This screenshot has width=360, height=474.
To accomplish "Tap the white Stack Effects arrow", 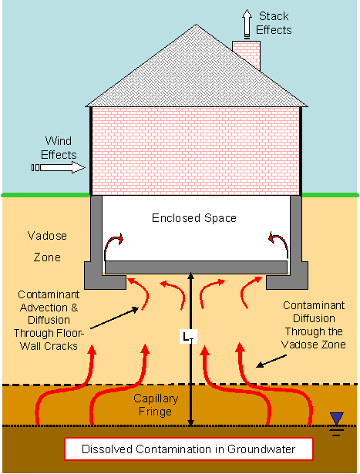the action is (247, 24).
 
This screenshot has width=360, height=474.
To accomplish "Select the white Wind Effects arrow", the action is (59, 167).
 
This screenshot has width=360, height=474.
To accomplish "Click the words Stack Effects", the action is (274, 23).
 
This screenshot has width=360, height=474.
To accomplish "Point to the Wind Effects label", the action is (59, 148).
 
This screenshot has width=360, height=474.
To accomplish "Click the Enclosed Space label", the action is (194, 218).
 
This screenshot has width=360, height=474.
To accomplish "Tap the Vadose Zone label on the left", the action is (47, 247).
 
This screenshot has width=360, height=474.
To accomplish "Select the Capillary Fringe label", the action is (156, 405).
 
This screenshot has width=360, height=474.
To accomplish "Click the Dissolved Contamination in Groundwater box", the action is (189, 449).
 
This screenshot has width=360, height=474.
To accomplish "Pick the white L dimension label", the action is (188, 336).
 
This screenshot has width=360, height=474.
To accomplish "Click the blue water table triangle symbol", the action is (336, 419).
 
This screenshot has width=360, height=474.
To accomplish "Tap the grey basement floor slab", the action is (196, 267).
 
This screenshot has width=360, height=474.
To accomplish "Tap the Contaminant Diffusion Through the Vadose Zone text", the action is (314, 325).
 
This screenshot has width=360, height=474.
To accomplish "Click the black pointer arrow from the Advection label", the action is (115, 318).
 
